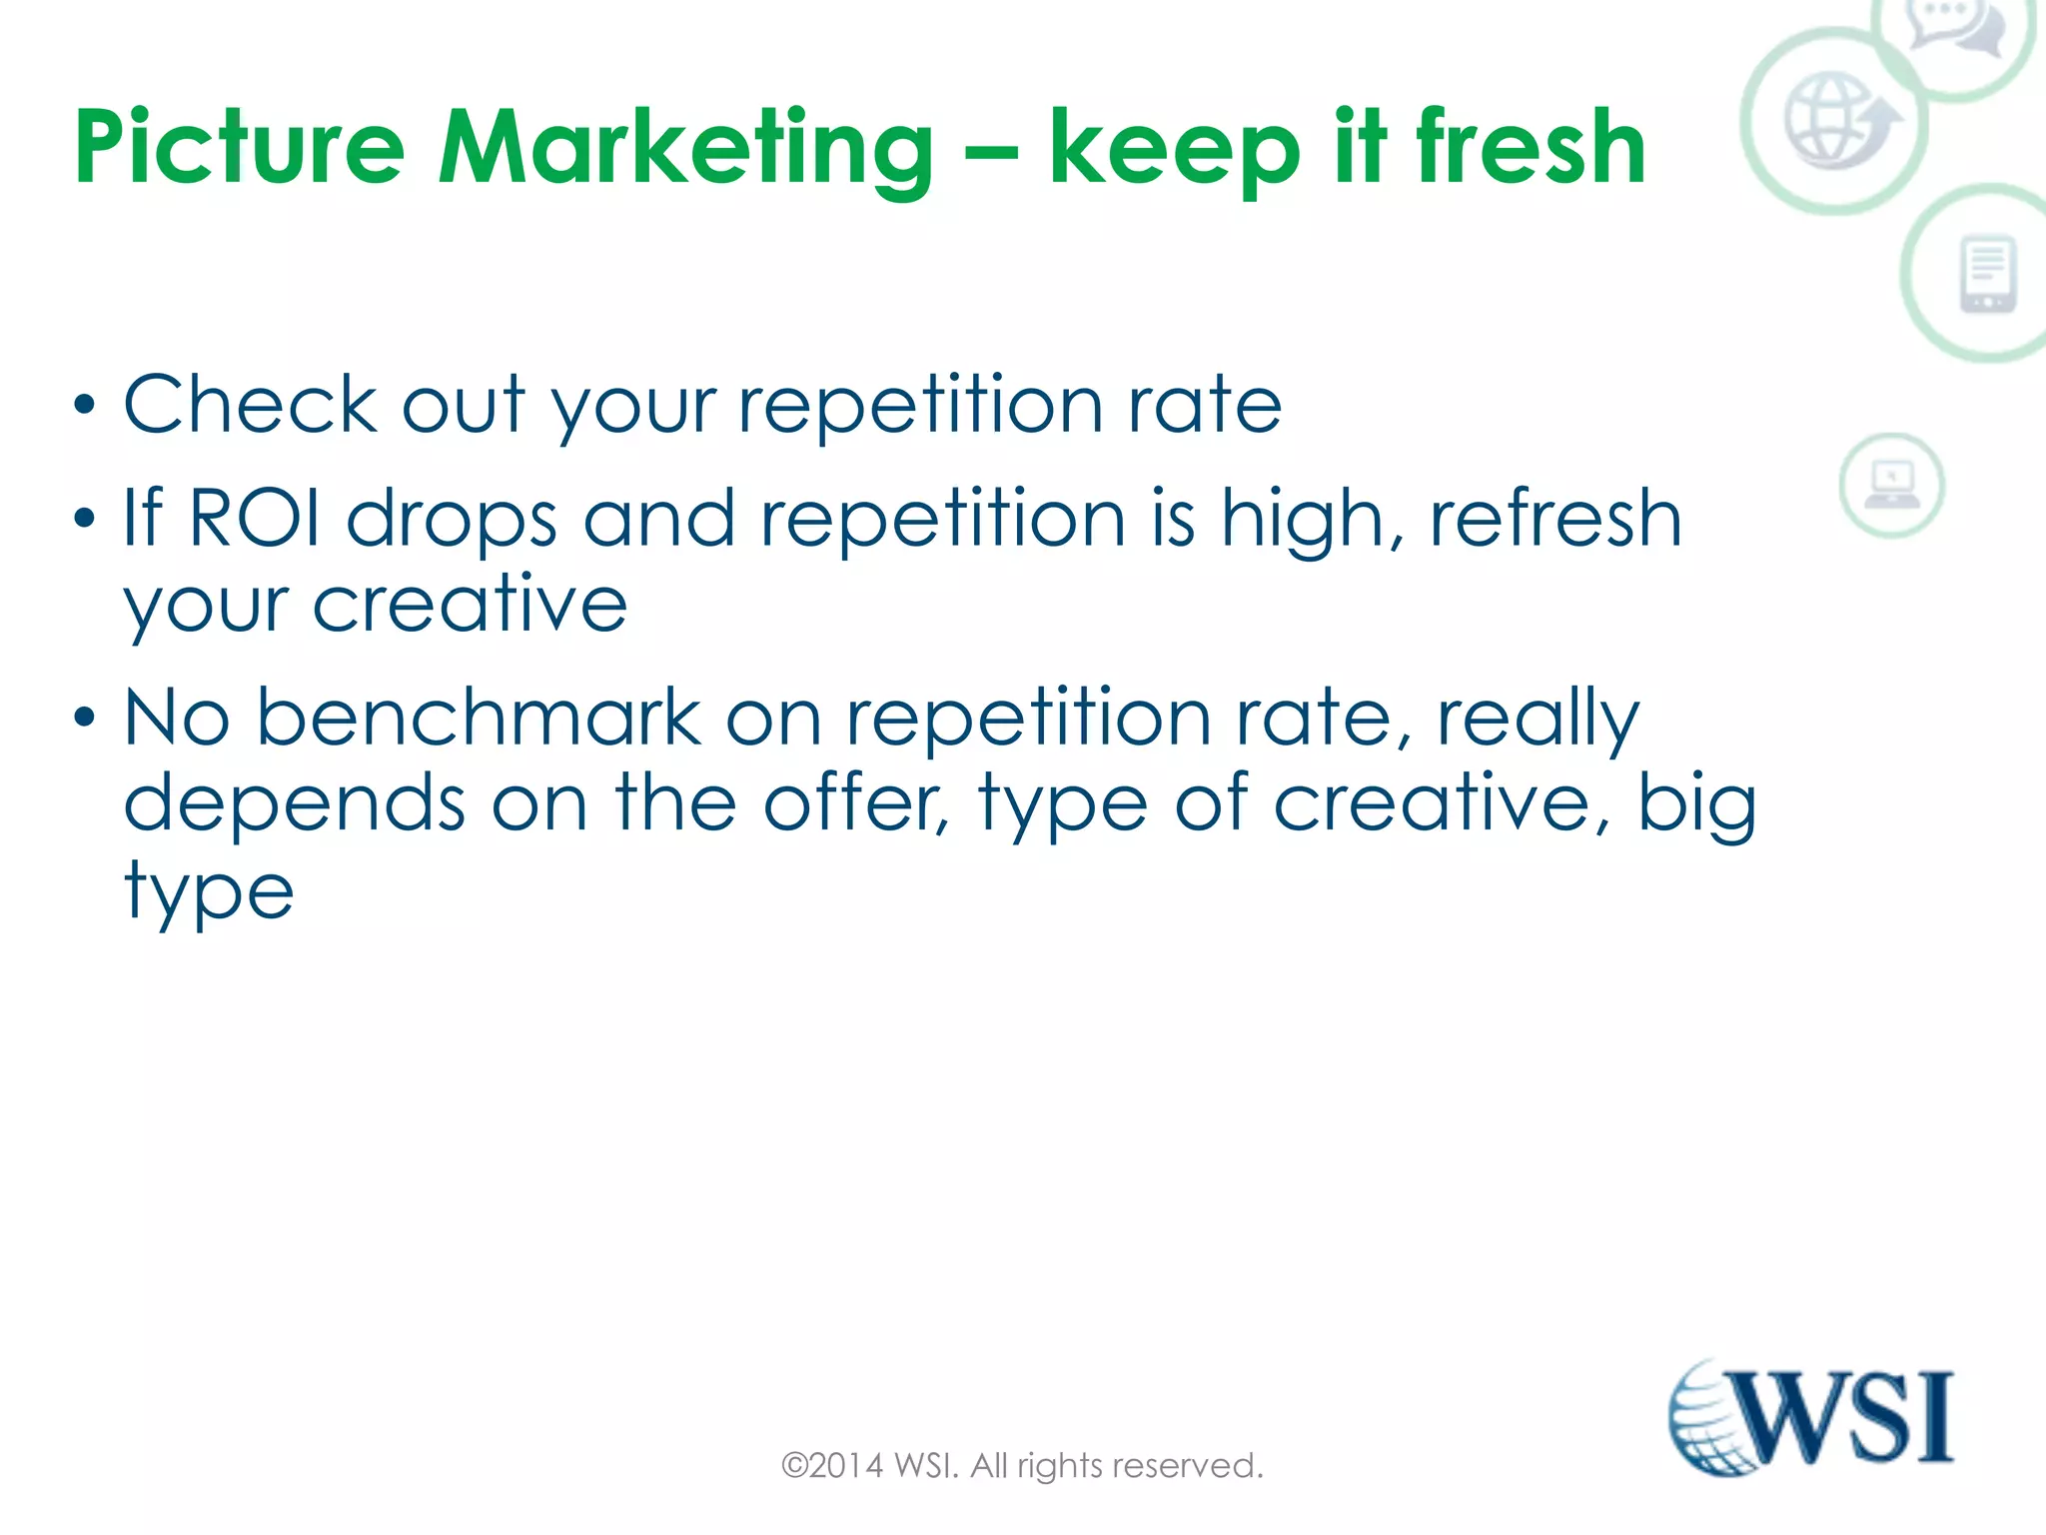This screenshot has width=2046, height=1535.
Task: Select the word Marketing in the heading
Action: [686, 148]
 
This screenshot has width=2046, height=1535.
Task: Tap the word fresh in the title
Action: [1531, 148]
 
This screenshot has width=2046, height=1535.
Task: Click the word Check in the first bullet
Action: [250, 405]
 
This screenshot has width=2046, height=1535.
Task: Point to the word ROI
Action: [255, 519]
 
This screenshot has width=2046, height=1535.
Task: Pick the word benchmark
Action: [480, 718]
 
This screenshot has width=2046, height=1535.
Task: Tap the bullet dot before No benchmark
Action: [85, 717]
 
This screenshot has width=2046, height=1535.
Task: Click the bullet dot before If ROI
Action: [85, 518]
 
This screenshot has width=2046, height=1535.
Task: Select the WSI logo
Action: [1810, 1417]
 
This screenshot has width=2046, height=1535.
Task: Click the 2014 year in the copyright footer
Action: [846, 1466]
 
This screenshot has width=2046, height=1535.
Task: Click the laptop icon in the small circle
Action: [1891, 485]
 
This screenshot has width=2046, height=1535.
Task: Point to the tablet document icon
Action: [1988, 274]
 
